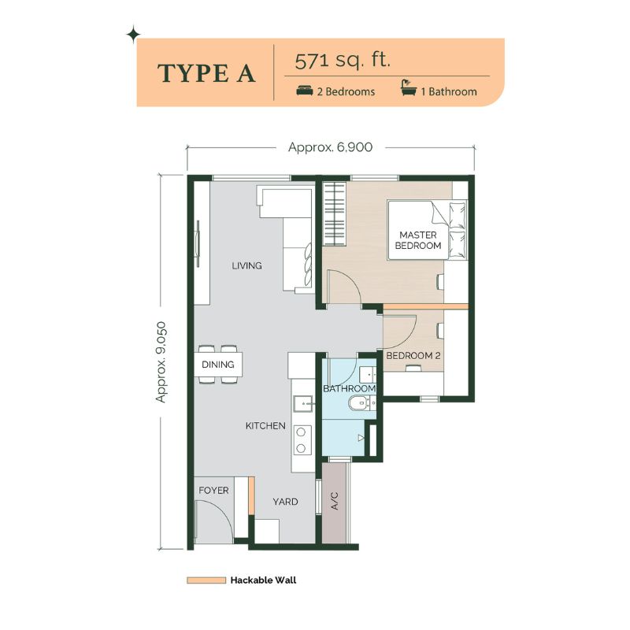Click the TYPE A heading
pyautogui.click(x=206, y=73)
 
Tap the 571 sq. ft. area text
pyautogui.click(x=343, y=61)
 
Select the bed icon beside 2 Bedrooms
pyautogui.click(x=305, y=91)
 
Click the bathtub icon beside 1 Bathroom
pyautogui.click(x=409, y=88)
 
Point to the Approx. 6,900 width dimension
pyautogui.click(x=330, y=147)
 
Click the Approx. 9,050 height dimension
pyautogui.click(x=161, y=361)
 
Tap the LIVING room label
pyautogui.click(x=246, y=265)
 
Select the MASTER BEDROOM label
pyautogui.click(x=418, y=240)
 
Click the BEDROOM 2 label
pyautogui.click(x=413, y=356)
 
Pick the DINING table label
pyautogui.click(x=218, y=365)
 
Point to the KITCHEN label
pyautogui.click(x=265, y=425)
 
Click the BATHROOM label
pyautogui.click(x=349, y=388)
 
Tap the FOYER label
pyautogui.click(x=213, y=490)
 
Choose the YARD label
pyautogui.click(x=285, y=502)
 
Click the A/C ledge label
pyautogui.click(x=335, y=501)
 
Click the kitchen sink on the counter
pyautogui.click(x=303, y=403)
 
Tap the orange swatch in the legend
pyautogui.click(x=206, y=580)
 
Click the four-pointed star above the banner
pyautogui.click(x=133, y=35)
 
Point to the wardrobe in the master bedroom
pyautogui.click(x=334, y=213)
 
